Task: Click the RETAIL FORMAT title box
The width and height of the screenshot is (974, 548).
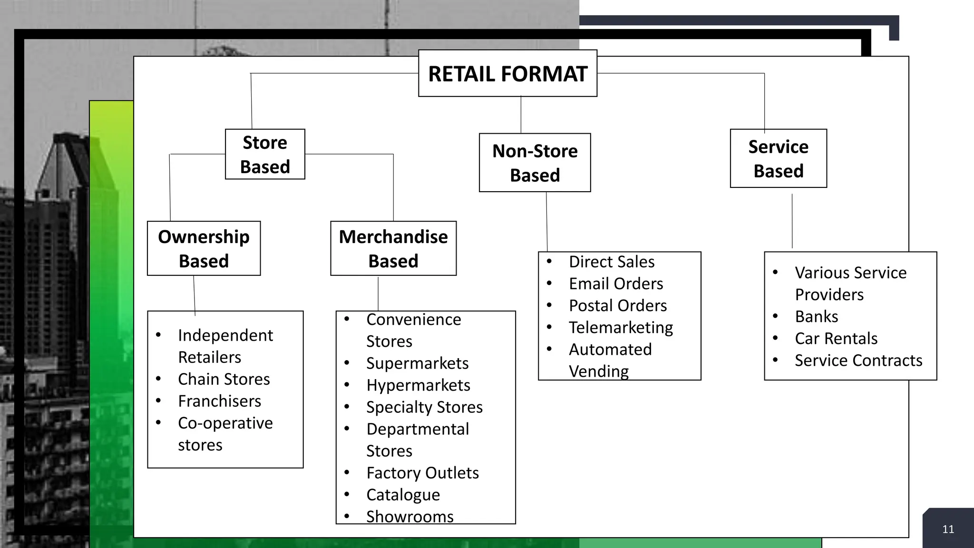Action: coord(507,74)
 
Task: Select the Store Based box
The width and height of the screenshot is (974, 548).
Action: coord(265,155)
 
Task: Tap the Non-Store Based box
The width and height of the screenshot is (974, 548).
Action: coord(535,163)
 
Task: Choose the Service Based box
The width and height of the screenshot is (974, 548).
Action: coord(778,158)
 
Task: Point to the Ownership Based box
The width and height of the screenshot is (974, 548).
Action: coord(204,248)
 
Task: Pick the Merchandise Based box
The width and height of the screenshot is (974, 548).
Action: coord(393,248)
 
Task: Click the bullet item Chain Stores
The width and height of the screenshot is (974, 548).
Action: coord(224,379)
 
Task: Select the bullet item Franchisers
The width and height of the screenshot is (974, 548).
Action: coord(219,401)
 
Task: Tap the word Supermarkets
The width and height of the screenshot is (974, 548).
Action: coord(417,363)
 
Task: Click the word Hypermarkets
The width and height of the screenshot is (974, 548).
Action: coord(418,385)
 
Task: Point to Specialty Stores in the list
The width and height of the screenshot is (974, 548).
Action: coord(424,407)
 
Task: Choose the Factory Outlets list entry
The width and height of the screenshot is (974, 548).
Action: coord(422,473)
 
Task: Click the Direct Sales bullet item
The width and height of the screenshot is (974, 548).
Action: coord(612,262)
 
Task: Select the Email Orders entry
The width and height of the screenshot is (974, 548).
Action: coord(616,284)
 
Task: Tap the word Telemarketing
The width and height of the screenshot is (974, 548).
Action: coord(621,327)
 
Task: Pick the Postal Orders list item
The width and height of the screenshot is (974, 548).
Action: coord(618,305)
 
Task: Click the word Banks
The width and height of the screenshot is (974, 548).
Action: coord(816,316)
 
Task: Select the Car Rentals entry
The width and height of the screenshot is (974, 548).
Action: coord(836,338)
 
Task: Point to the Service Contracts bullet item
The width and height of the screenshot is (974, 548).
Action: coord(858,360)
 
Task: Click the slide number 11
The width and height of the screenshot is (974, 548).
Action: coord(948,529)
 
